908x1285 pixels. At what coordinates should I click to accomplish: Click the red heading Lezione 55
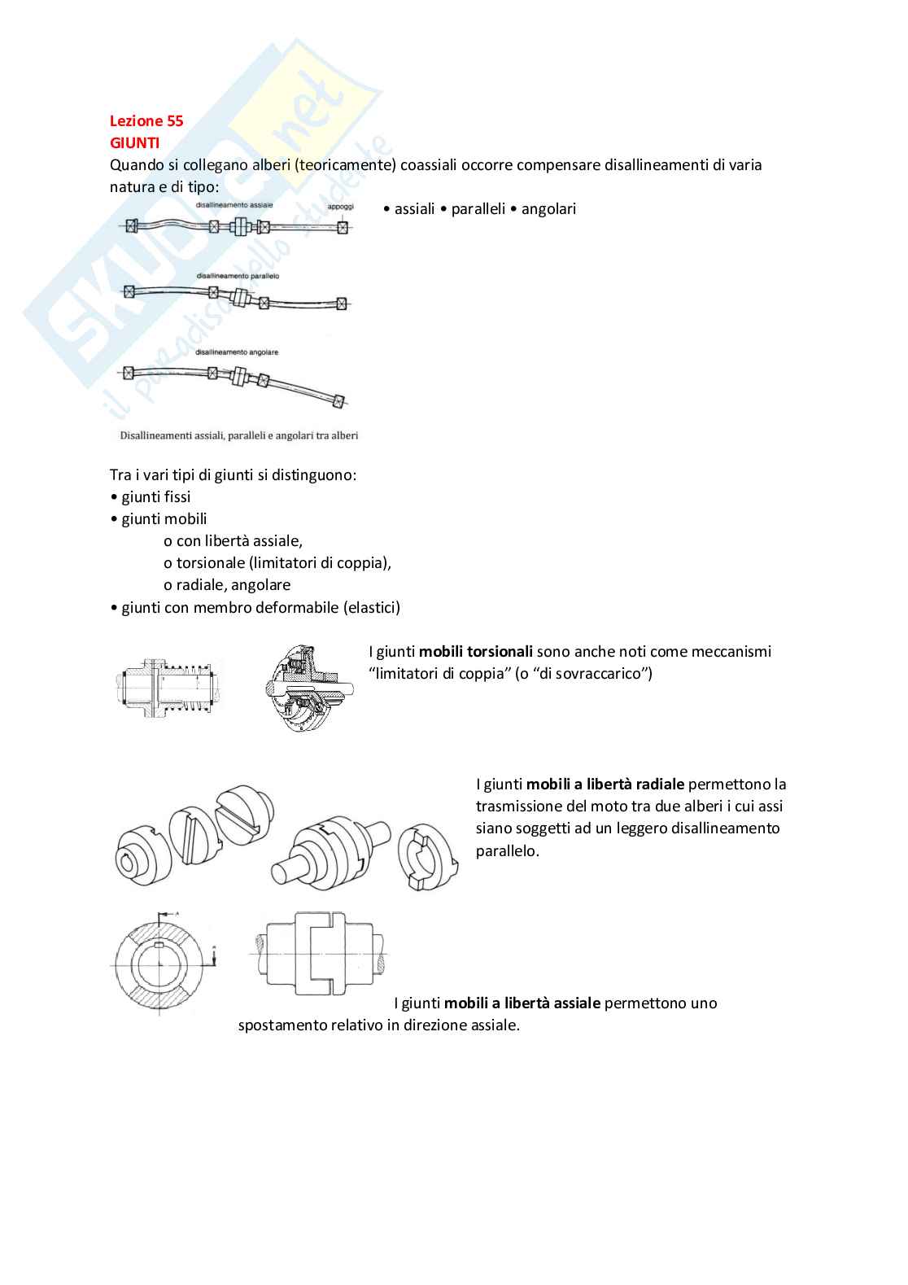tap(146, 121)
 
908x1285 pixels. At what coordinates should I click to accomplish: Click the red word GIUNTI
tap(134, 143)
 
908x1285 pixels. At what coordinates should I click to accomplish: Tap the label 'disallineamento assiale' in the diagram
tap(234, 205)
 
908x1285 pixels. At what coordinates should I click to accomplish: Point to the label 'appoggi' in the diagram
tap(340, 207)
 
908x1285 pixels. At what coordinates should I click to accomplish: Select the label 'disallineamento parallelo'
tap(238, 277)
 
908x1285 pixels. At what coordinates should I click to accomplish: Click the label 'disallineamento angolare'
tap(237, 352)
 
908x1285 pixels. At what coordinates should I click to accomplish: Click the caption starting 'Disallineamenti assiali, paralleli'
tap(239, 435)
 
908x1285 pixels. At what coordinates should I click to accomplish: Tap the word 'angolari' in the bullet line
tap(548, 209)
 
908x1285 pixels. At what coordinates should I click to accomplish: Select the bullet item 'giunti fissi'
tap(155, 497)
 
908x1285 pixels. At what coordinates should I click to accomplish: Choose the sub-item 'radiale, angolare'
tap(233, 585)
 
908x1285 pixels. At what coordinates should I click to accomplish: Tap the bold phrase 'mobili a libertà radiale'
tap(605, 785)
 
